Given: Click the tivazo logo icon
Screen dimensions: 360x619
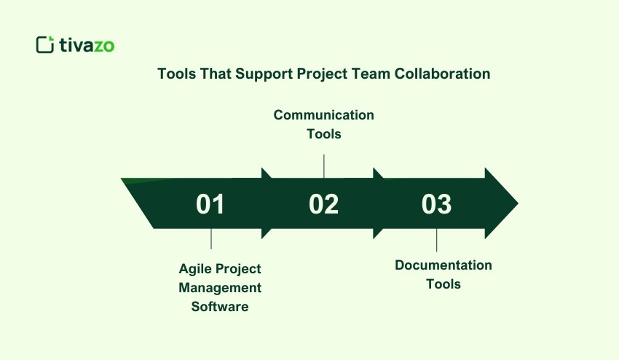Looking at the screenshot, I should [45, 44].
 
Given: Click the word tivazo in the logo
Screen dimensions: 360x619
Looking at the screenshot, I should [87, 45].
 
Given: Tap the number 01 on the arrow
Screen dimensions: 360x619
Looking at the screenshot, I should [210, 205].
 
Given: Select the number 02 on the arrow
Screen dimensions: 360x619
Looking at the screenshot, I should [323, 205].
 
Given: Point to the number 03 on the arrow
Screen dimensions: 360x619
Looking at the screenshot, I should [436, 205].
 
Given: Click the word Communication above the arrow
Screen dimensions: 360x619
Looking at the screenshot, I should [324, 115].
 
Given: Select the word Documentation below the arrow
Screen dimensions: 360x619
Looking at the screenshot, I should [443, 265].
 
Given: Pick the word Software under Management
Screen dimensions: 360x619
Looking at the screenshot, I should [220, 307].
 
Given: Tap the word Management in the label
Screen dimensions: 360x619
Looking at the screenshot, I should [220, 288].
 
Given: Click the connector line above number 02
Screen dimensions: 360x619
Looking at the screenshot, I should [324, 165].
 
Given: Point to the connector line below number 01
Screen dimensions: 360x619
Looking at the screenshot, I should [211, 239].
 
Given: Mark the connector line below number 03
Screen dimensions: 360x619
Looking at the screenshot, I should [437, 239].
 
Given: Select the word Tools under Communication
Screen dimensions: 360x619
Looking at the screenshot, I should [324, 134].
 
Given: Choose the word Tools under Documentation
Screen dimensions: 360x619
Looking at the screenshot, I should [443, 284].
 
